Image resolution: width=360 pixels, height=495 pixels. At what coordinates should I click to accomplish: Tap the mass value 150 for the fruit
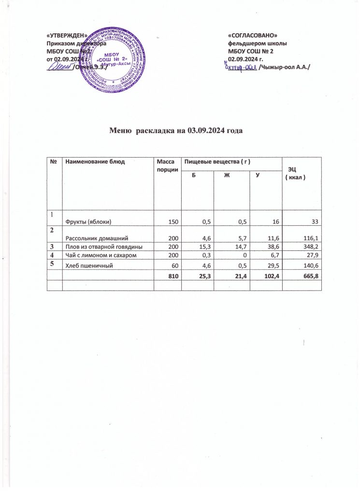point(173,221)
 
